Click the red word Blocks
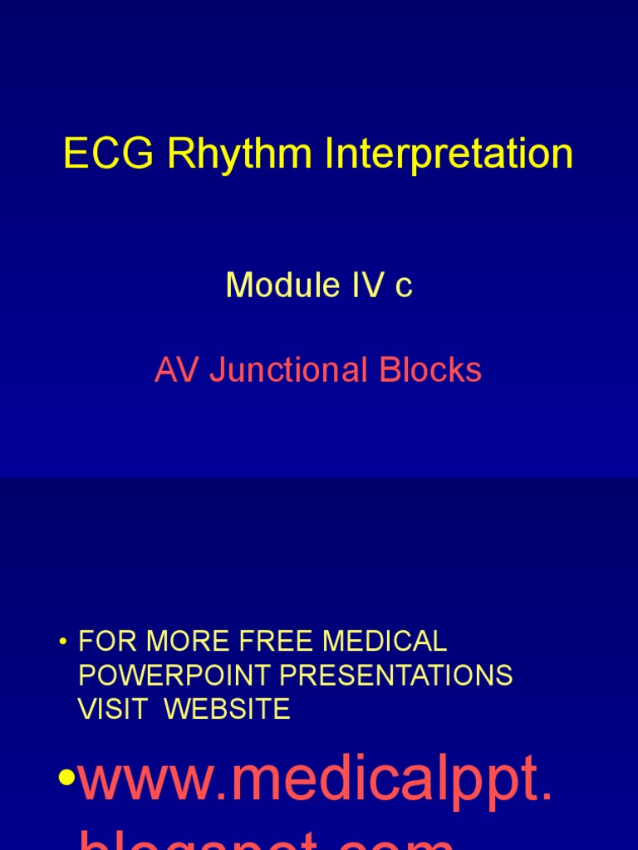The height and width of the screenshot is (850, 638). [430, 370]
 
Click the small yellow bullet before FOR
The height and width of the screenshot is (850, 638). [62, 642]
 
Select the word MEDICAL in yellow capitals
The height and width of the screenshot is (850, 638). [384, 641]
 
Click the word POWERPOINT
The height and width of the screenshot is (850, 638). [174, 675]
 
